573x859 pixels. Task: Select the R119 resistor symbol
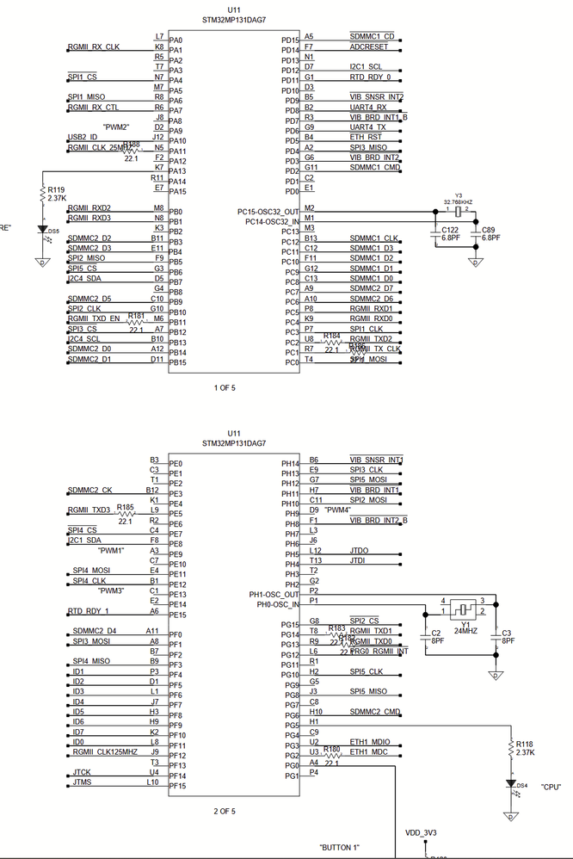coord(42,194)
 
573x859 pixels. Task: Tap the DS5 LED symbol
coord(42,230)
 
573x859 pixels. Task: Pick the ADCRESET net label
coord(368,47)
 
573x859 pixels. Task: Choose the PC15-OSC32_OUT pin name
coord(268,211)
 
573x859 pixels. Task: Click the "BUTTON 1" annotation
coord(339,848)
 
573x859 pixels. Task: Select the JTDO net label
coord(359,550)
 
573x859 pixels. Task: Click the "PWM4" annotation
coord(339,510)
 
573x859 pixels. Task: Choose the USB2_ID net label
coord(83,137)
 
